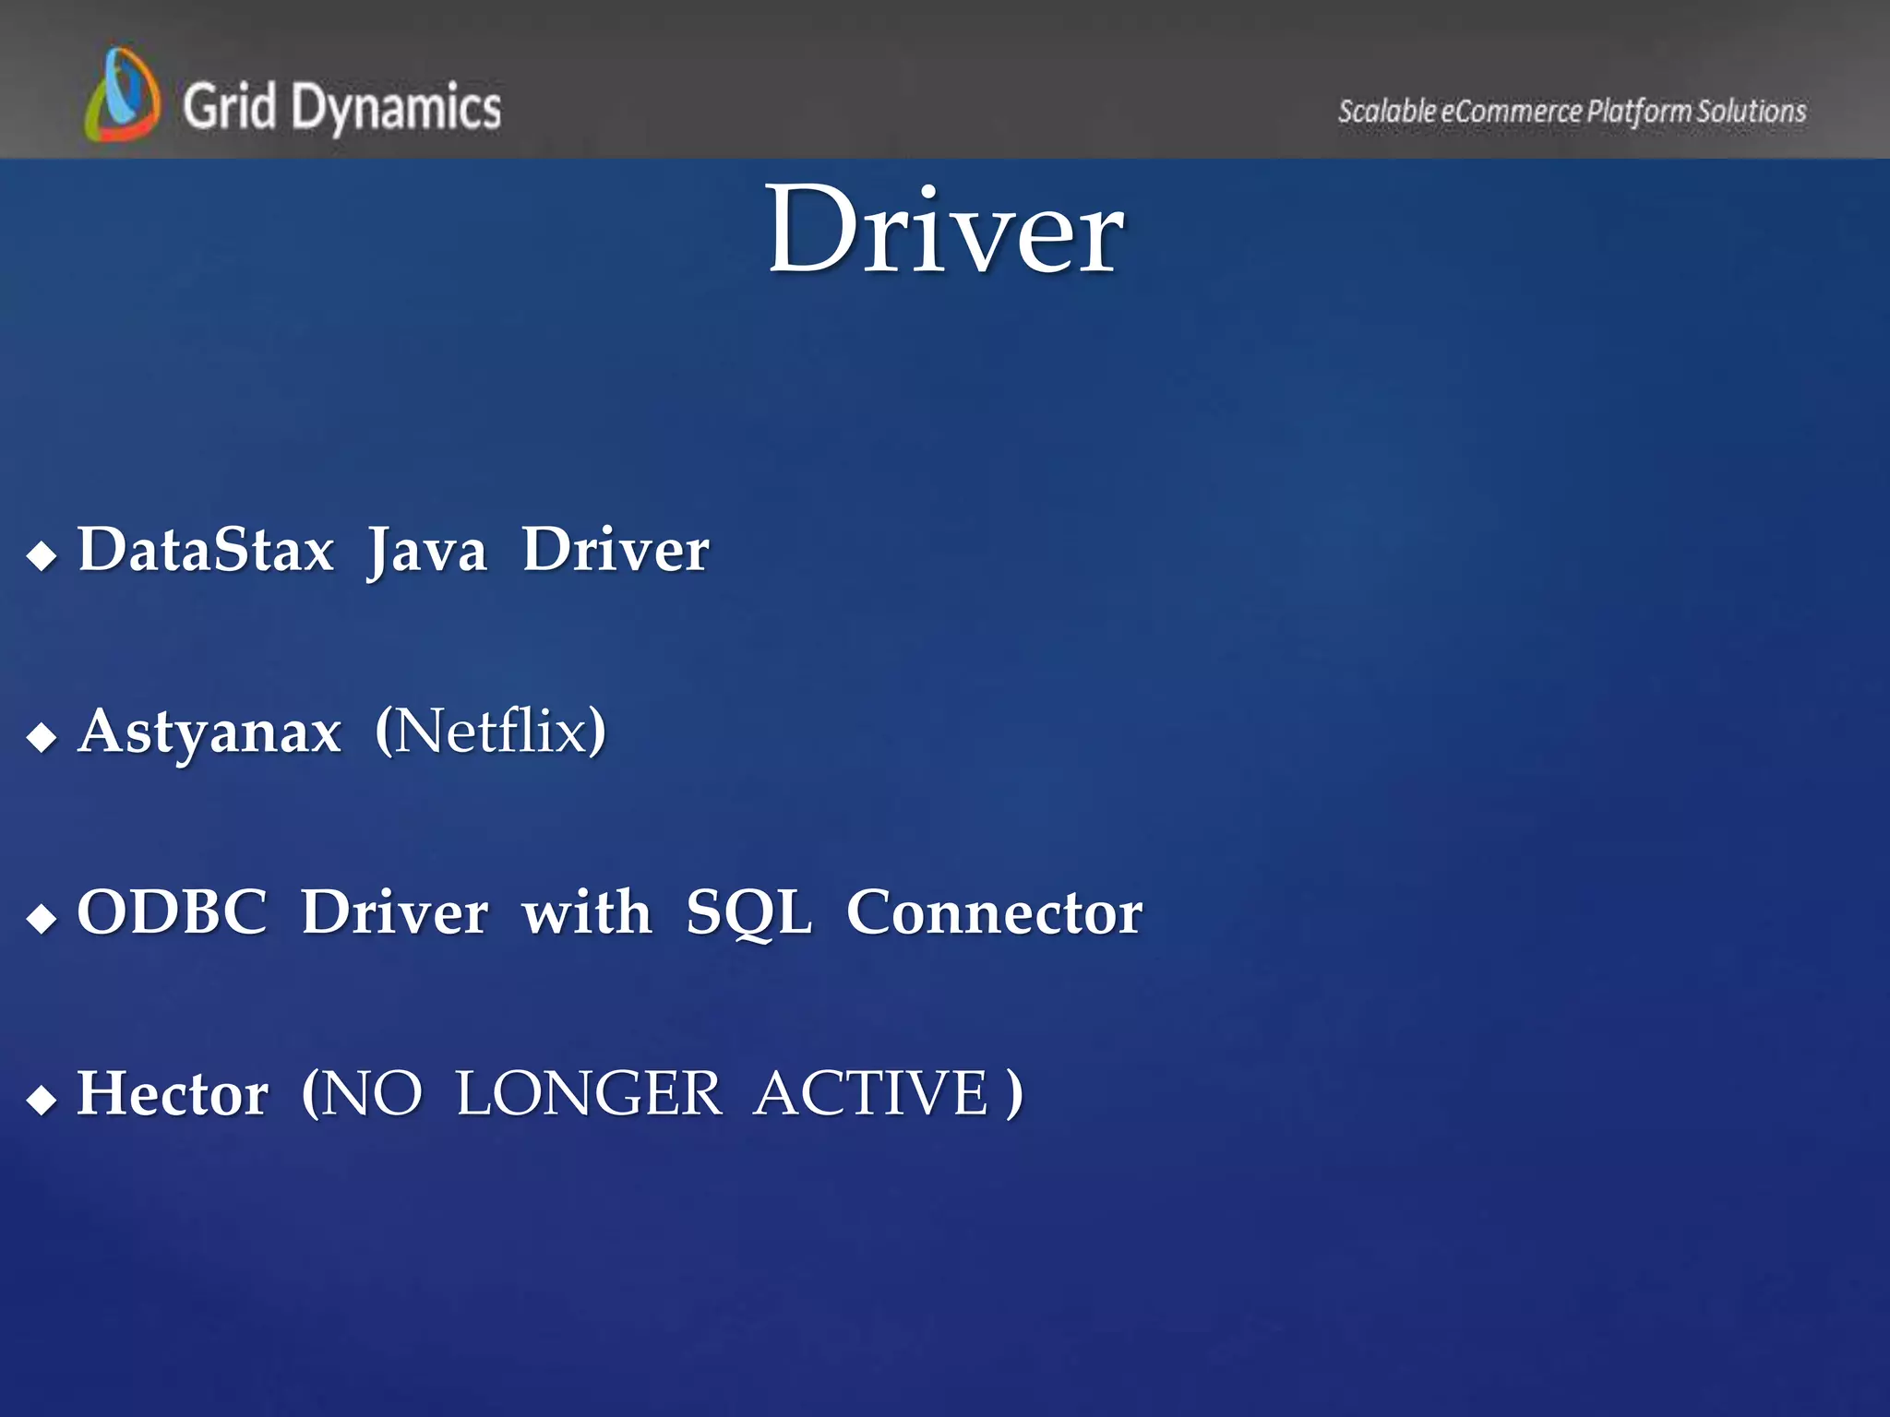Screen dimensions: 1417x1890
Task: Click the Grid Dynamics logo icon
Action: [122, 95]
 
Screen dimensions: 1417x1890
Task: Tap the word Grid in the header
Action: [229, 105]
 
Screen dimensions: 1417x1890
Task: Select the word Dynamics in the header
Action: [396, 109]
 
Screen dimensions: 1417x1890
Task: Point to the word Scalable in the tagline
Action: [1386, 112]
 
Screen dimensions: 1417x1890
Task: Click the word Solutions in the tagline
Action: [1751, 112]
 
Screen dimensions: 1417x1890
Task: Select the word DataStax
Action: [206, 550]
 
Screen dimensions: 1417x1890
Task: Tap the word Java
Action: [427, 552]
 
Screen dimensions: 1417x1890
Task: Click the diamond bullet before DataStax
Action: [42, 555]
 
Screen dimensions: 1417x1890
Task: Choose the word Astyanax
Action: [209, 732]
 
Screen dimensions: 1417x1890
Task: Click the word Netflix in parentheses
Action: [491, 731]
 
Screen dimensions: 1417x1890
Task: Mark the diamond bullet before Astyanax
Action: [42, 737]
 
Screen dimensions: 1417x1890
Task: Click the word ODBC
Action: [173, 912]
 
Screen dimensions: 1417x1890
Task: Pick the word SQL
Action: [748, 913]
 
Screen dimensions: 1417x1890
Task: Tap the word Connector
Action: [995, 912]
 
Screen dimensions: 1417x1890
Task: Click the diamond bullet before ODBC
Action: [42, 918]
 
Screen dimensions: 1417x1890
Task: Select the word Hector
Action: [173, 1094]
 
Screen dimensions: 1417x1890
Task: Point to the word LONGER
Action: [589, 1094]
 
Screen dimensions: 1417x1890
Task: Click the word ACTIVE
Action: [871, 1094]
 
